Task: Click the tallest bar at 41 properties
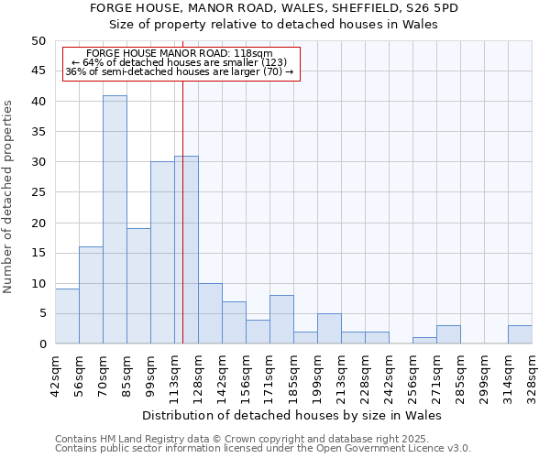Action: point(115,220)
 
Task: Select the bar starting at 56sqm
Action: point(91,295)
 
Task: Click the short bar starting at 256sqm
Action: point(424,341)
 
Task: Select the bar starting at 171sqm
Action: point(281,320)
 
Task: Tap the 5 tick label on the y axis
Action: point(41,314)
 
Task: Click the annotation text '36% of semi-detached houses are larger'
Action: point(180,71)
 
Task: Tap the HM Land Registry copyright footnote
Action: point(261,439)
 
